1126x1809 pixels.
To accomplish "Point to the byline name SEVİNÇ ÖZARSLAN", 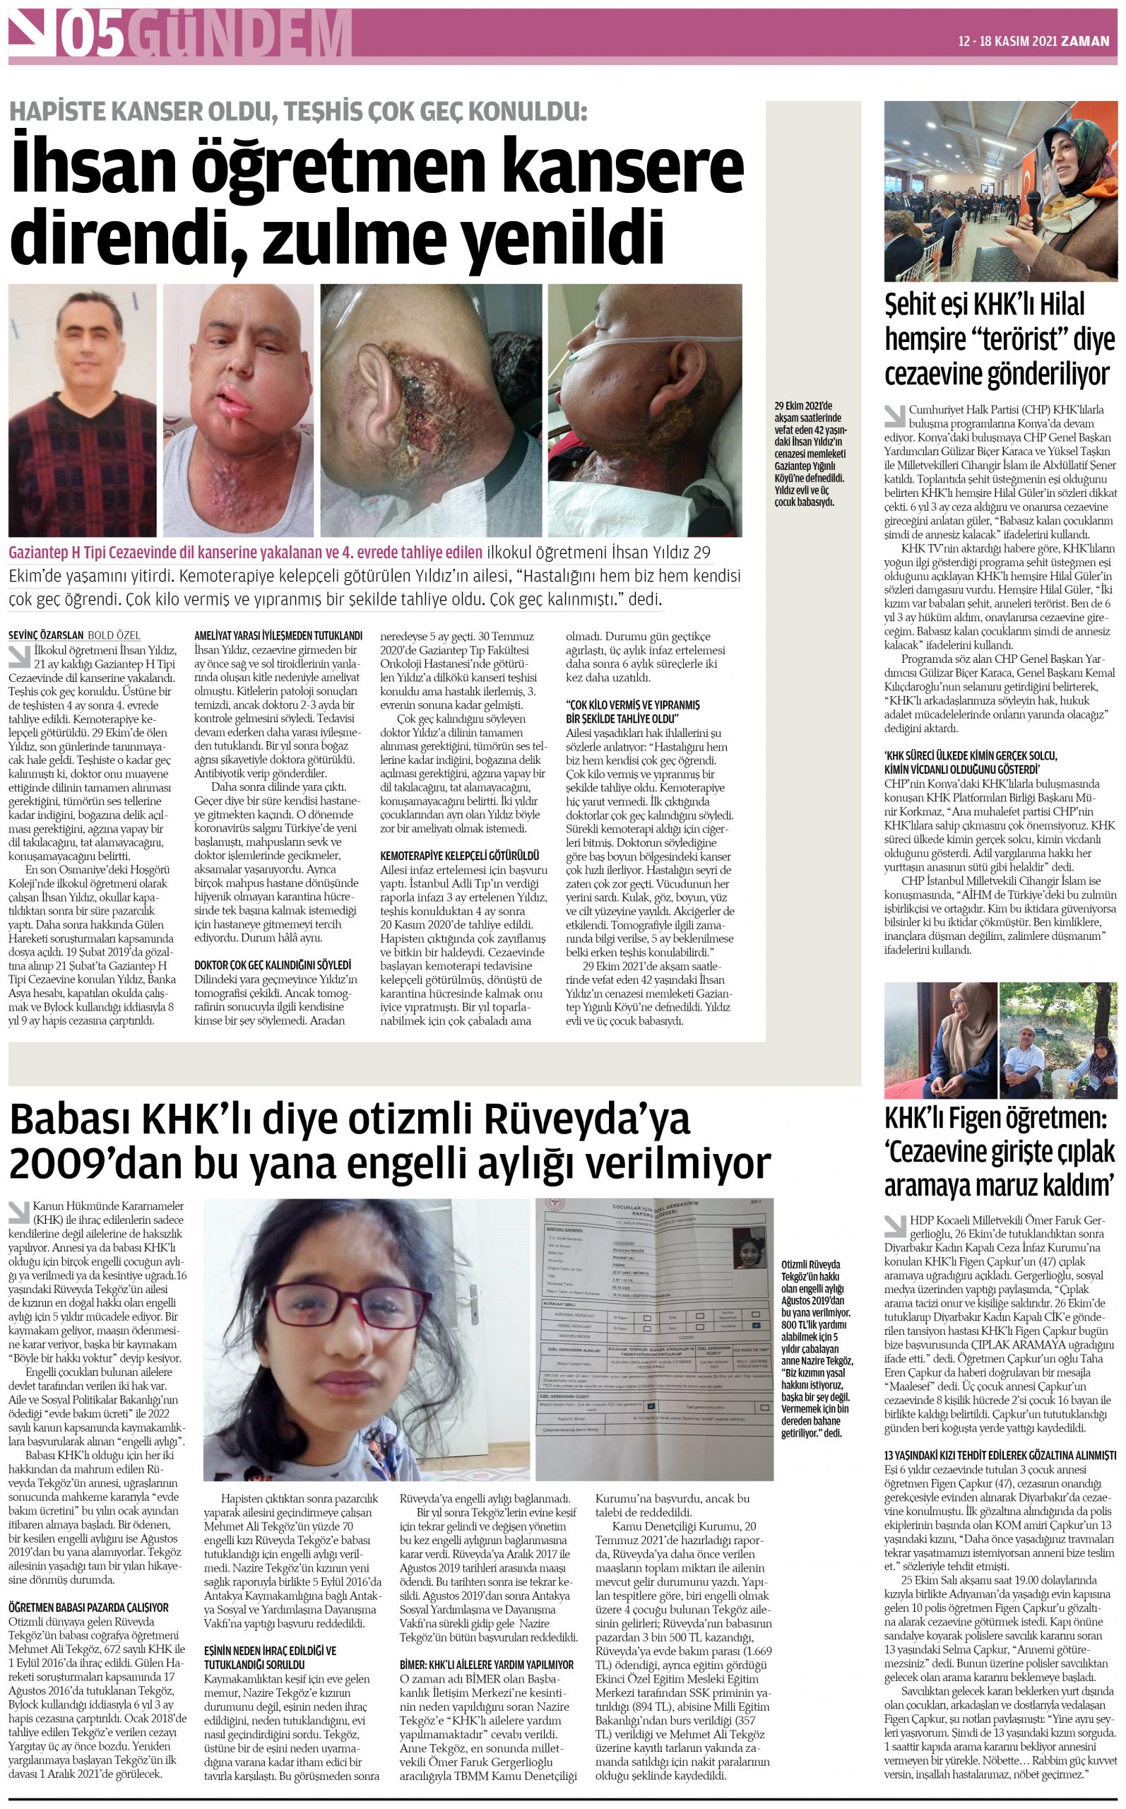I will [x=45, y=635].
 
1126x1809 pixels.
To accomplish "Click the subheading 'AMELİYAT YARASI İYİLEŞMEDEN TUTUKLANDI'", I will [x=278, y=635].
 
